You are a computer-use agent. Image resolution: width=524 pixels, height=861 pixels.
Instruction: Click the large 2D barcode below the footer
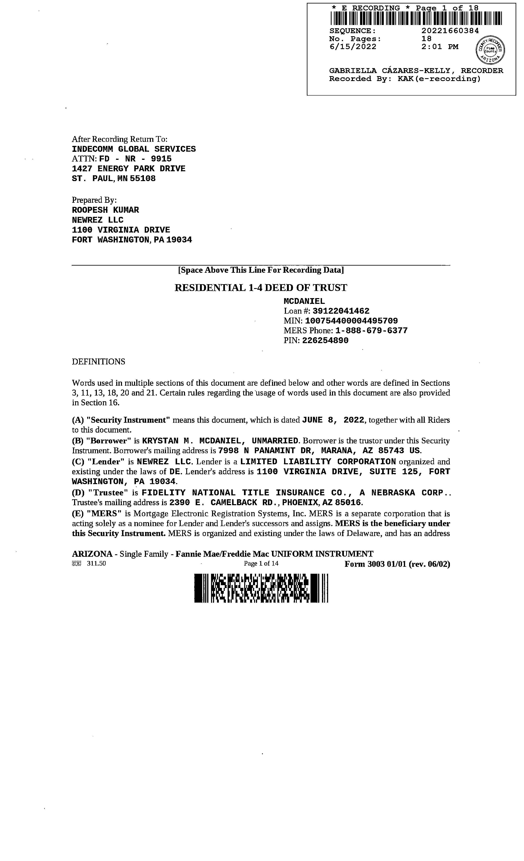coord(261,588)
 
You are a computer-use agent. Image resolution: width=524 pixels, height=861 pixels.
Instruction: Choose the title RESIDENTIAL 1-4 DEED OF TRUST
coord(261,288)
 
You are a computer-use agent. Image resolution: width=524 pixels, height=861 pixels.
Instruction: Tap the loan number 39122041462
coord(341,311)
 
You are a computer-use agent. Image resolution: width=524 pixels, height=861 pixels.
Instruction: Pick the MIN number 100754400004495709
coord(351,321)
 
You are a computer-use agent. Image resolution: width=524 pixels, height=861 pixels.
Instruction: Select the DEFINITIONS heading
coord(98,362)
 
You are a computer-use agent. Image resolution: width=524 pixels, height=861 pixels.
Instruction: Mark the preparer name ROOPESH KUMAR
coord(105,210)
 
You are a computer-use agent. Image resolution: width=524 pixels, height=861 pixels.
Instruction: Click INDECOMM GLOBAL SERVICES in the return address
coord(133,149)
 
